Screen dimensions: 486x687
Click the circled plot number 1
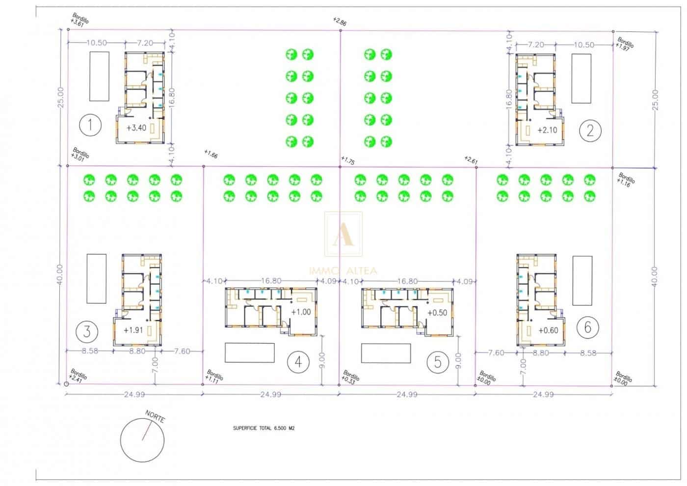(x=90, y=125)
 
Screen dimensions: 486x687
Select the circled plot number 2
(x=590, y=130)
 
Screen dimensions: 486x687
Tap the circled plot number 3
(x=87, y=331)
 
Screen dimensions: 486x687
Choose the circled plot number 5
(x=438, y=362)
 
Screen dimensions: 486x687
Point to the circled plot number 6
(x=588, y=326)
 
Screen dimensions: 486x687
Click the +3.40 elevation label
(x=136, y=128)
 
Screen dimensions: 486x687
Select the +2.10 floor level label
(x=547, y=130)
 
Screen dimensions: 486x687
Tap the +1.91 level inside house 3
(x=133, y=330)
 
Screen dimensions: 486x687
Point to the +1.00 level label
(x=301, y=312)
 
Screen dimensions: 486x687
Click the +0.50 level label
(x=437, y=313)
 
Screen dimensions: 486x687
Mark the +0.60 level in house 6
(x=548, y=330)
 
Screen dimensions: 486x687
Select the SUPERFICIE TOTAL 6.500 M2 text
(x=264, y=428)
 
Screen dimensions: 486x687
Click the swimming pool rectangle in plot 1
(x=99, y=76)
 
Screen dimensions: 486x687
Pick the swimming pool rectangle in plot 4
(x=250, y=352)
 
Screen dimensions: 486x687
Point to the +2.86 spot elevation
(x=340, y=22)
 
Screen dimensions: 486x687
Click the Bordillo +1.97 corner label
(x=625, y=43)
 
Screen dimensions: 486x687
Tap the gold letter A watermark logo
(x=343, y=234)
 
